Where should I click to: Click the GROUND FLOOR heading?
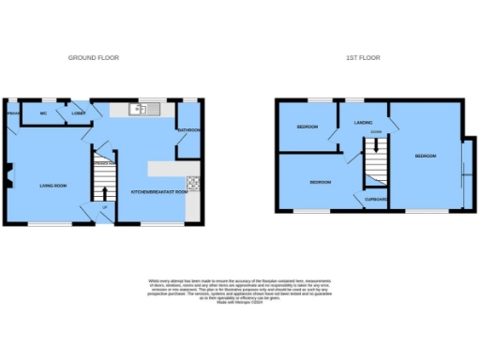click(x=93, y=58)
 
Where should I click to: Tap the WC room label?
click(x=43, y=113)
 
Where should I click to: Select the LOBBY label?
click(x=79, y=113)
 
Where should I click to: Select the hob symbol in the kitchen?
click(x=193, y=183)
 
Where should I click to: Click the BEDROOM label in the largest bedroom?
click(x=426, y=157)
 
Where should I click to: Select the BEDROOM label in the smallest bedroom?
click(x=307, y=127)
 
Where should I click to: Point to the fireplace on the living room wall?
click(x=8, y=175)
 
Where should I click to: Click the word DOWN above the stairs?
click(x=375, y=133)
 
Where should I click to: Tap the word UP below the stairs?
click(x=103, y=206)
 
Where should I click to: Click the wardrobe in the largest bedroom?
click(x=465, y=173)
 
